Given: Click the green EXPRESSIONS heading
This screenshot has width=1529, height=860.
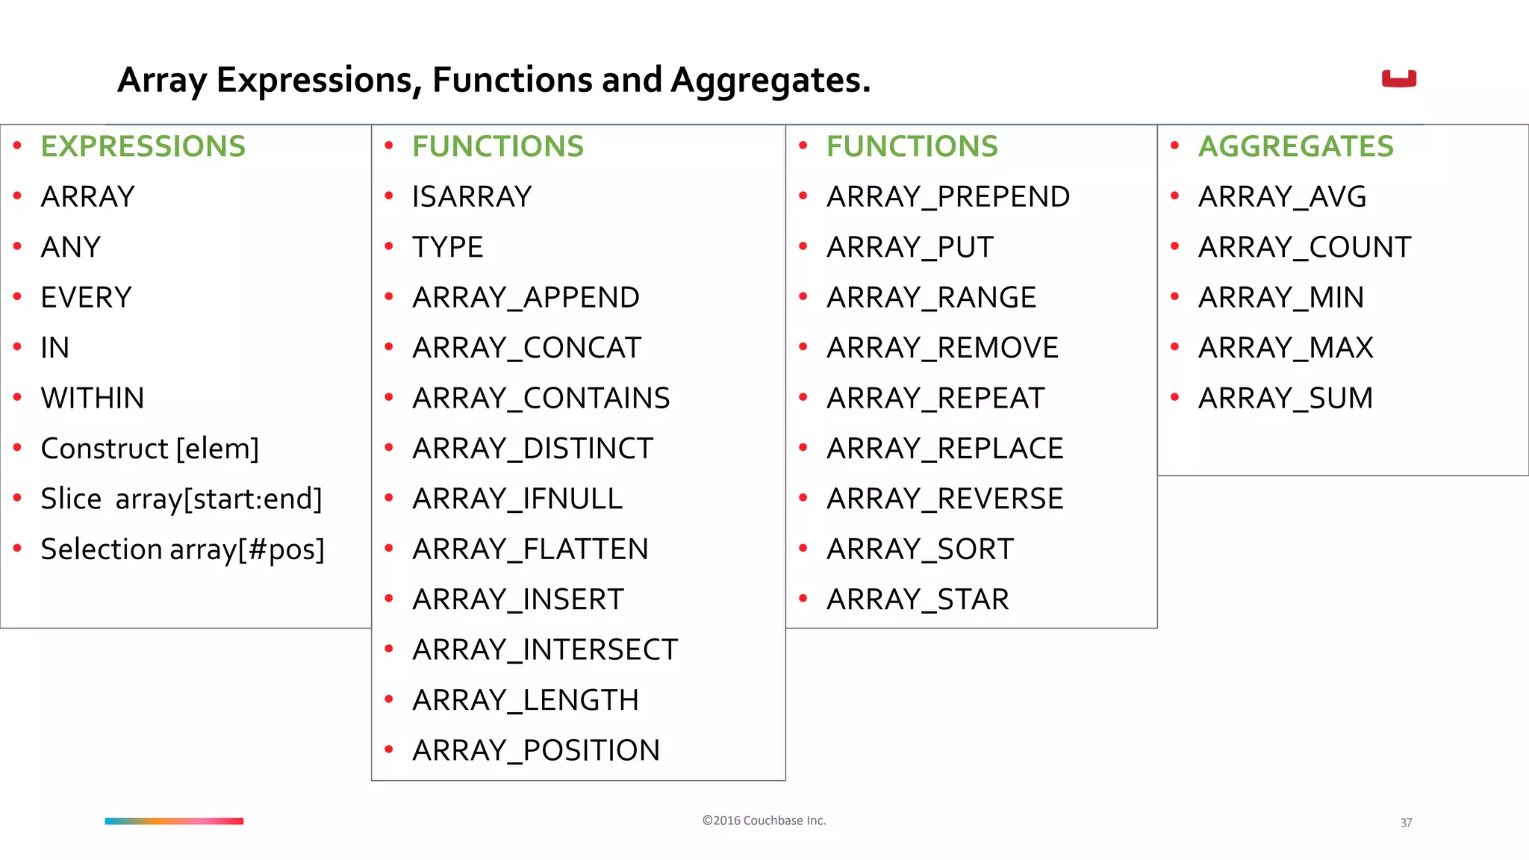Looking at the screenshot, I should tap(143, 146).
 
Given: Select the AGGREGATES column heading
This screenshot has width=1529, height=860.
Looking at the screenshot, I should tap(1295, 146).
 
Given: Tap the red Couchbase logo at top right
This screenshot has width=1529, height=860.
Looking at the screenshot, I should tap(1398, 78).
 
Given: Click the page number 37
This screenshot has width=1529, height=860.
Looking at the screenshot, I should tap(1406, 823).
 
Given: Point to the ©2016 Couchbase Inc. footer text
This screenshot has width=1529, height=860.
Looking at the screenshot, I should tap(764, 820).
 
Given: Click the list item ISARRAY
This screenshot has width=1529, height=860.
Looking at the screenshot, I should tap(472, 197).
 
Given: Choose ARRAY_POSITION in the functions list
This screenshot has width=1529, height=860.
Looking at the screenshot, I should tap(536, 750).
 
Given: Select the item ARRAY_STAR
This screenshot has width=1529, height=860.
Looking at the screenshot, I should tap(918, 599).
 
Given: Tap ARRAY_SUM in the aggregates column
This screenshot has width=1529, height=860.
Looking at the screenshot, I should tap(1285, 398).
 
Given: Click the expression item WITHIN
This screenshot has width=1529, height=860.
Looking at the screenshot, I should tap(93, 398).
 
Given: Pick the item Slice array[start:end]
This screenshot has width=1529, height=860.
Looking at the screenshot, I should tap(181, 499).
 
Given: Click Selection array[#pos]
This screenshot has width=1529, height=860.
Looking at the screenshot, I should tap(183, 549).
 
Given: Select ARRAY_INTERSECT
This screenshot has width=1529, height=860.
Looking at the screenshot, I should tap(545, 649).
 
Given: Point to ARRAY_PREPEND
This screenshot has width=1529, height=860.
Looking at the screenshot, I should tap(948, 197).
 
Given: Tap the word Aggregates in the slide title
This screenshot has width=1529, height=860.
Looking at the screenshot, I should tap(770, 81).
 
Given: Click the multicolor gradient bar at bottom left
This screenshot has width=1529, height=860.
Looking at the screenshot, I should tap(174, 821).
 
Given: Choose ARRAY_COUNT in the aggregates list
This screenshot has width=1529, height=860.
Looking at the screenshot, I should tap(1304, 247).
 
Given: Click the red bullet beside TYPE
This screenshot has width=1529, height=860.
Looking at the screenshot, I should tap(389, 246).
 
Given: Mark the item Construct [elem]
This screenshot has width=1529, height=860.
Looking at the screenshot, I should tap(150, 449).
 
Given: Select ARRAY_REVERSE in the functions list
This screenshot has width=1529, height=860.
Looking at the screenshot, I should tap(944, 499).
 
